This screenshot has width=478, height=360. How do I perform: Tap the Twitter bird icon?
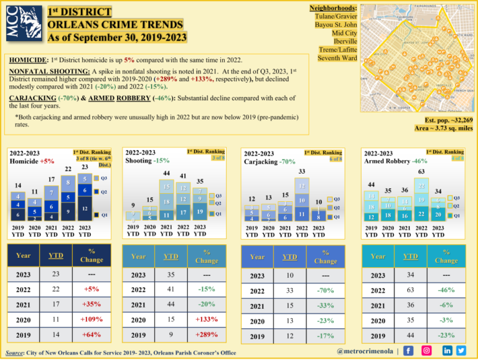[461, 352]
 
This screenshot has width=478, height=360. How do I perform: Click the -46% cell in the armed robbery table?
[446, 290]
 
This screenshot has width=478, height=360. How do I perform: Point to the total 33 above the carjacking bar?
[301, 171]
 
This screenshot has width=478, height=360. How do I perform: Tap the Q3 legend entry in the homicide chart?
[103, 178]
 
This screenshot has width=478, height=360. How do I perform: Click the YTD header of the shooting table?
[169, 256]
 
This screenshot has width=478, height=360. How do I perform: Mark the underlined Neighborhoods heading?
[333, 6]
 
